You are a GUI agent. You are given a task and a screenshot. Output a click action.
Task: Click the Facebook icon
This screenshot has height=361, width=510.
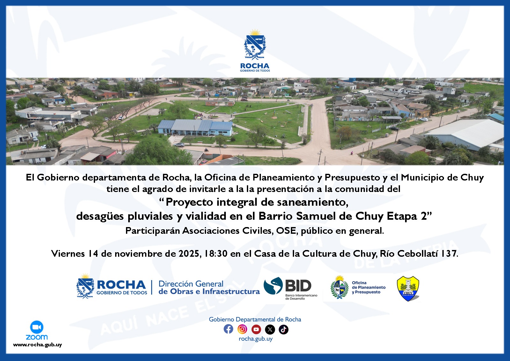(x=228, y=329)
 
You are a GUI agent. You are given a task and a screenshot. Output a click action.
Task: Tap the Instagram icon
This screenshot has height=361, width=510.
(x=242, y=329)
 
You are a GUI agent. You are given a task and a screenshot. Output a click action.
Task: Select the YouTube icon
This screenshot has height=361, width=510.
(x=256, y=329)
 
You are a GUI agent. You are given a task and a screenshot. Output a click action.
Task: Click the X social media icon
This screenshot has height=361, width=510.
(x=270, y=329)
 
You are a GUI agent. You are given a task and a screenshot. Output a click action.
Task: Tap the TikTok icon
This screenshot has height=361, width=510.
(x=284, y=329)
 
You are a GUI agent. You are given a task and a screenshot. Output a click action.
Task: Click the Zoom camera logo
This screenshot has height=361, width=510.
(x=37, y=327)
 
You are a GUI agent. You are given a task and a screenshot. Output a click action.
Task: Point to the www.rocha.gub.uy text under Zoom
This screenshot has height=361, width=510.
(x=37, y=345)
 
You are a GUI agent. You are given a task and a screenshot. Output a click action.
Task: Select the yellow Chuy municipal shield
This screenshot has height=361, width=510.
(x=408, y=288)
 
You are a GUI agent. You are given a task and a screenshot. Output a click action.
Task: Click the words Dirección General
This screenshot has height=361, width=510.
(x=191, y=284)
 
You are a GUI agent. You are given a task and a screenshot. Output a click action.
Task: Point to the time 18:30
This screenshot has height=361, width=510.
(x=216, y=254)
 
